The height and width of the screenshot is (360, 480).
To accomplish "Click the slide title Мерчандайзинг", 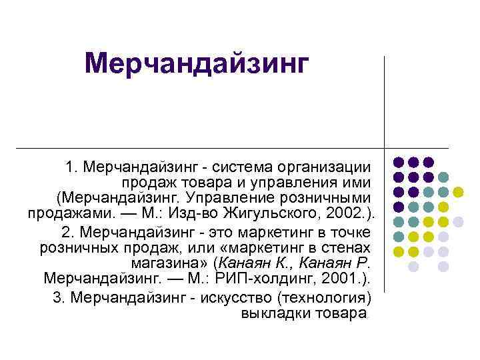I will coord(198,65).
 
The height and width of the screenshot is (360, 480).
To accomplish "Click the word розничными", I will coord(327,198).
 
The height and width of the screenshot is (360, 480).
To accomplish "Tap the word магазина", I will coord(177,263).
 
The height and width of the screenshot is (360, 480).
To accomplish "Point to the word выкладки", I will coord(271,313).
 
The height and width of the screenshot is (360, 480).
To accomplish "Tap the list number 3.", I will coord(57,297).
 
